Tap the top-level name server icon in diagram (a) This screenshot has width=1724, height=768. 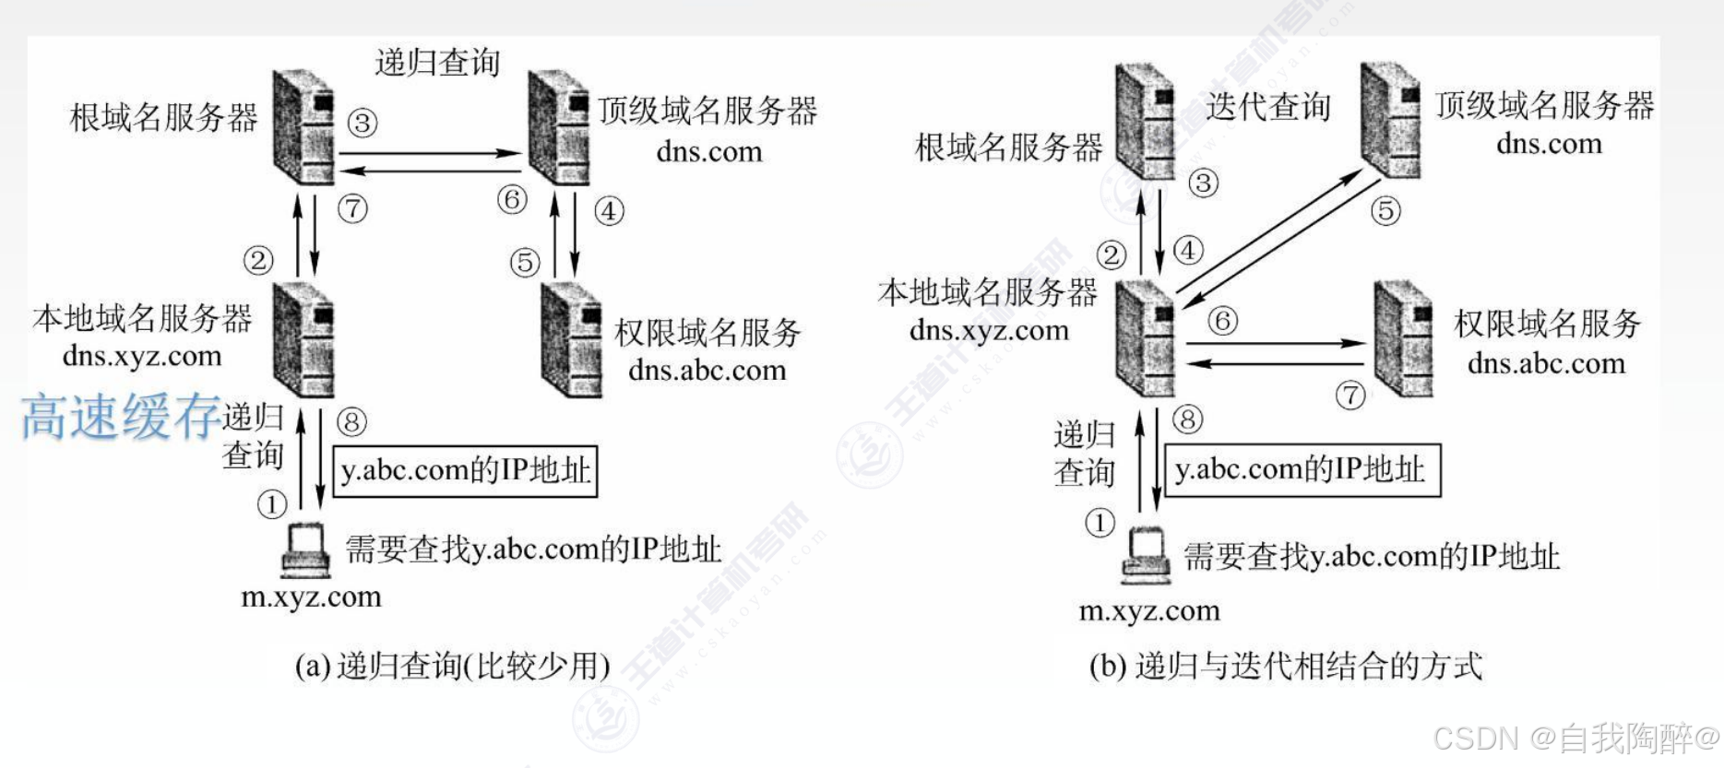click(558, 127)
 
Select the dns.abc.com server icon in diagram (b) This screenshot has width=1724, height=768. click(1403, 338)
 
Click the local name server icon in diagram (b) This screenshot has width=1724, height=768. click(1145, 338)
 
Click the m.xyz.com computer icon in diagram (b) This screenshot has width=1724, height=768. click(1145, 555)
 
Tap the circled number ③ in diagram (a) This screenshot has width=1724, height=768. click(363, 123)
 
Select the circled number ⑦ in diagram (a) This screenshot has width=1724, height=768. click(352, 208)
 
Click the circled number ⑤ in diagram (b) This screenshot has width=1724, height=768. click(1385, 211)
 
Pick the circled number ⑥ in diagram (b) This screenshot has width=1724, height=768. click(1222, 321)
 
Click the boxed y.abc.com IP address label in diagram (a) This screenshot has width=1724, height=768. click(465, 471)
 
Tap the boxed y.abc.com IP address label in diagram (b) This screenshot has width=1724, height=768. click(1302, 470)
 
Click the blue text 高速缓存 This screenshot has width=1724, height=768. click(121, 417)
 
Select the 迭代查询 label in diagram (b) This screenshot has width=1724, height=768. click(1268, 107)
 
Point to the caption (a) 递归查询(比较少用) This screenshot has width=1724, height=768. click(452, 666)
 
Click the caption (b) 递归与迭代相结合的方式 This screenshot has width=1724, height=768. click(1286, 666)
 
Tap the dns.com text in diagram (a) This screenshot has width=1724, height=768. click(709, 151)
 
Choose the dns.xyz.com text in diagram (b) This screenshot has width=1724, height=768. click(989, 330)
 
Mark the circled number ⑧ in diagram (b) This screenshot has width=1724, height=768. click(1187, 420)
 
